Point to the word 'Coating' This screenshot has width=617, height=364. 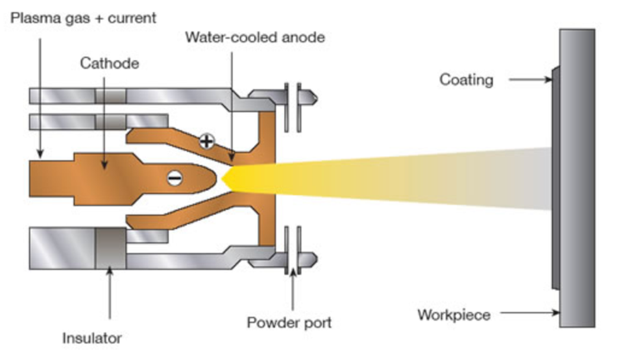click(466, 80)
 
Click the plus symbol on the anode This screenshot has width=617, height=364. click(206, 141)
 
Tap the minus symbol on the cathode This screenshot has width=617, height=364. click(173, 177)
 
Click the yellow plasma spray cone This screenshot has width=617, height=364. click(375, 178)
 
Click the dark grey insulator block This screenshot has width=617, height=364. click(109, 247)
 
